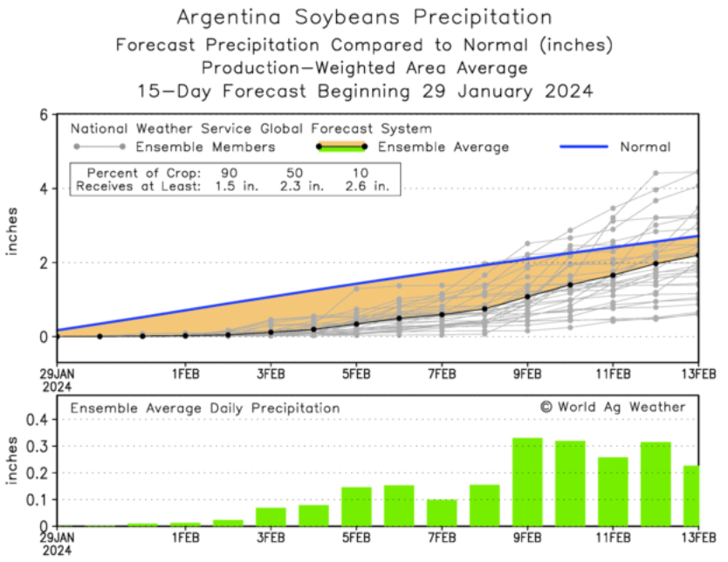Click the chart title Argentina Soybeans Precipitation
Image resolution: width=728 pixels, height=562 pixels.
coord(364,17)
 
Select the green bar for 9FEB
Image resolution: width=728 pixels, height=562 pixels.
coord(527,482)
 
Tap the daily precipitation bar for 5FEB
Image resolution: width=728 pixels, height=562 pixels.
coord(356,506)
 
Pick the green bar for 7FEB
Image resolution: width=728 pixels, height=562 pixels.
coord(442,512)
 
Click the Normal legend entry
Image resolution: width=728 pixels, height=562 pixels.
coord(644,147)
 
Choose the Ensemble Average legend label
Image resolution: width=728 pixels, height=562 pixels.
coord(443,147)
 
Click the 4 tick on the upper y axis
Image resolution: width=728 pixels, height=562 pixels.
coord(43,188)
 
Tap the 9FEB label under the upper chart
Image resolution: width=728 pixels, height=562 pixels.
coord(527,374)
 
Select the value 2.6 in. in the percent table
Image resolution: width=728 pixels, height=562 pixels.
coord(368,185)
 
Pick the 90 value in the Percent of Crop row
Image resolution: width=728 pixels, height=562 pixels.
coord(230,172)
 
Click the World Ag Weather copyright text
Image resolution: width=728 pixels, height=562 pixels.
coord(613,407)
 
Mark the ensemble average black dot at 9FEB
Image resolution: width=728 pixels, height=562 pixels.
coord(527,297)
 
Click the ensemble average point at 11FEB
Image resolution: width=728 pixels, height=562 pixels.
coord(613,275)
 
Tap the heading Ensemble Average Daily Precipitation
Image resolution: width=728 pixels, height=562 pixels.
coord(205,408)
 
